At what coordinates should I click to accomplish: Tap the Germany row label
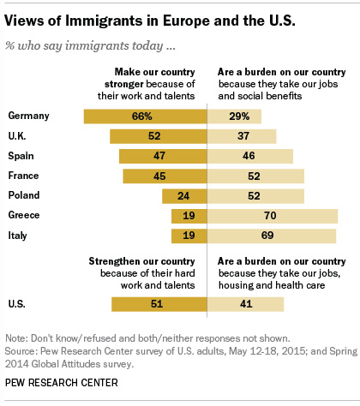[27, 116]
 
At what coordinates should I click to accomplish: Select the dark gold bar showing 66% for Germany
[145, 116]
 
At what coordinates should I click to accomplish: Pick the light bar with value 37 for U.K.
[244, 136]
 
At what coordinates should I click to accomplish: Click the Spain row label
[21, 156]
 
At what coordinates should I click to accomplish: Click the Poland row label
[23, 196]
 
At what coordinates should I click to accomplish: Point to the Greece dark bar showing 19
[189, 216]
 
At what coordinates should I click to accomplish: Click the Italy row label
[18, 236]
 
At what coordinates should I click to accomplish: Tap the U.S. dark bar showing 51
[159, 303]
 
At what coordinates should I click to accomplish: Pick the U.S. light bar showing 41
[248, 303]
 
